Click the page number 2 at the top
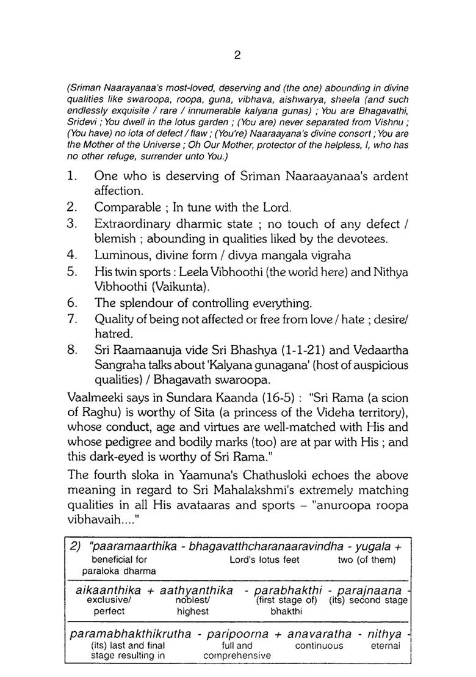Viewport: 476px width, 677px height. (x=237, y=55)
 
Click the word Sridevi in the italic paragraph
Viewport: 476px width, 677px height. (x=81, y=122)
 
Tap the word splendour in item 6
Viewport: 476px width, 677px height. (x=143, y=303)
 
